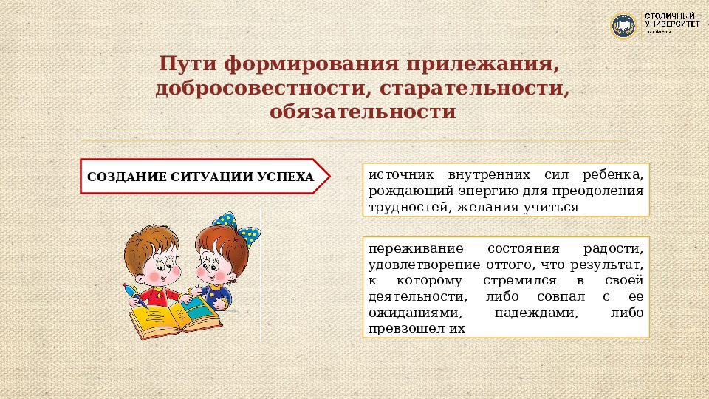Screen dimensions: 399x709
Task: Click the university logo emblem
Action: pos(623,26)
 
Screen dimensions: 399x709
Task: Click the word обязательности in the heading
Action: pos(363,112)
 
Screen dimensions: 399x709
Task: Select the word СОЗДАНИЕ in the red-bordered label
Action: pos(119,177)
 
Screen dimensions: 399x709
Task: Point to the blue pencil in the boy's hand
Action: pos(134,294)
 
